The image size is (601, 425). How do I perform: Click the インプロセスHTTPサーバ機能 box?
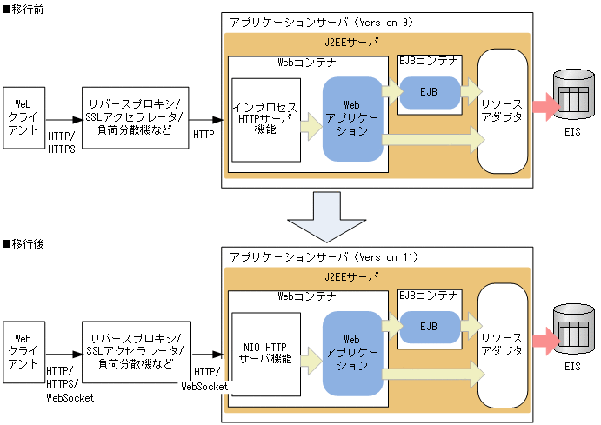tap(265, 119)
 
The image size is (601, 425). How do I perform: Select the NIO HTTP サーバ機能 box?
tap(265, 354)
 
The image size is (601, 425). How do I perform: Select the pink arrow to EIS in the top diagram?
tap(543, 104)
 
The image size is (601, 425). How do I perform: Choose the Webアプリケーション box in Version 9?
tap(352, 119)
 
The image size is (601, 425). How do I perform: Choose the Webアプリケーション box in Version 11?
tap(352, 353)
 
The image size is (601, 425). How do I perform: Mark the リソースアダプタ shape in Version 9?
tap(503, 111)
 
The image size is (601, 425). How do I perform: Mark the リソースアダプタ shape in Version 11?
tap(503, 346)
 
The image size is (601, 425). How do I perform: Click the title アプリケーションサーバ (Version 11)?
tap(324, 257)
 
